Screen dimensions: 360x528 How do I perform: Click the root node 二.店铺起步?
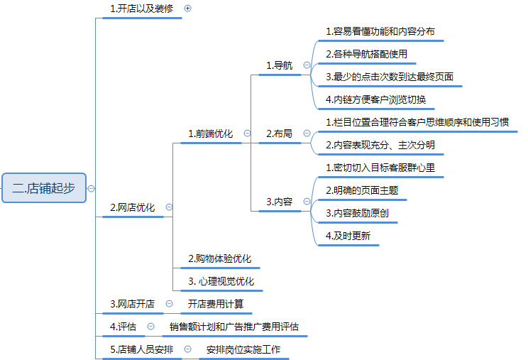tap(43, 188)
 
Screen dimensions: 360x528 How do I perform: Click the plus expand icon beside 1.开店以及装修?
tap(188, 9)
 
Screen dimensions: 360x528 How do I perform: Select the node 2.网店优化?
tap(132, 207)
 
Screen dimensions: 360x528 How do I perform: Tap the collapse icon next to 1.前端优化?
tap(247, 133)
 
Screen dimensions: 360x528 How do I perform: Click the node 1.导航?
tap(279, 65)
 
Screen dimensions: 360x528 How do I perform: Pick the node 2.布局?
tap(279, 133)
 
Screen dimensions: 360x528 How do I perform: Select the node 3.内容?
tap(279, 202)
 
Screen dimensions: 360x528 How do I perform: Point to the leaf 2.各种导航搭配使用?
tap(366, 54)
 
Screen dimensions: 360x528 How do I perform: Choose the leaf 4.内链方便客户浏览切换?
tap(375, 99)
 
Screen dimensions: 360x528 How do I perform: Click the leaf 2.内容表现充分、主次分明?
tap(380, 145)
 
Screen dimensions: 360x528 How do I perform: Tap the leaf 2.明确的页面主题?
tap(361, 190)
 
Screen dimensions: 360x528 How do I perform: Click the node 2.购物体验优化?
tap(219, 258)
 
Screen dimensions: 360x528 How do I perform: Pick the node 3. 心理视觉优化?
tap(221, 281)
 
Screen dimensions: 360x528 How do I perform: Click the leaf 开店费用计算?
tap(216, 304)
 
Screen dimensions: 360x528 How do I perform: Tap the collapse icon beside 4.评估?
tap(151, 327)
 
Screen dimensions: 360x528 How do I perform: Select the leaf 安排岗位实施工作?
tap(243, 349)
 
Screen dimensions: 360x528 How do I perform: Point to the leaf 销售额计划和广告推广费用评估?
tap(234, 327)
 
